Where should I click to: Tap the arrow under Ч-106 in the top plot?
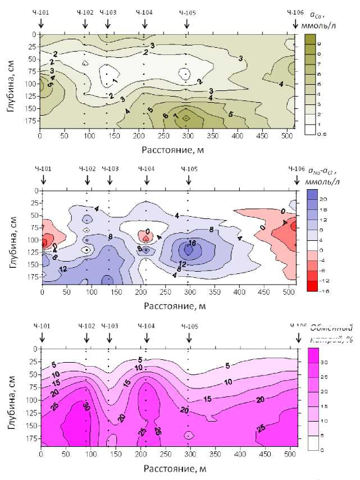(295, 24)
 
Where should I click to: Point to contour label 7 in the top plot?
(176, 116)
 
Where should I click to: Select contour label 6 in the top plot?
(165, 116)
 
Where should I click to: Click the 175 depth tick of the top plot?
(30, 120)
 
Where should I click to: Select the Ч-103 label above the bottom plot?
(110, 325)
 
